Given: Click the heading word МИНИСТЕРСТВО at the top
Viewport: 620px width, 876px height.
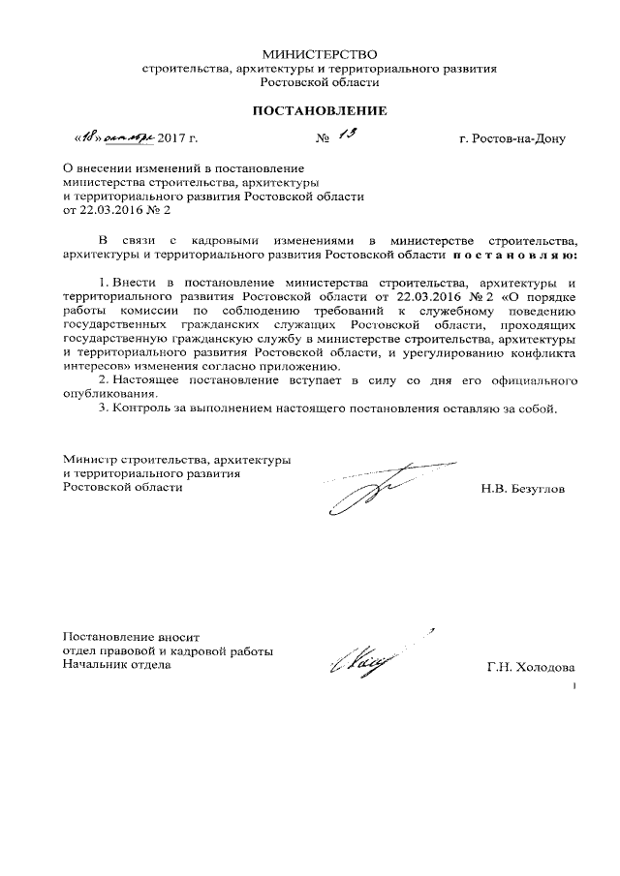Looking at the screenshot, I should [319, 53].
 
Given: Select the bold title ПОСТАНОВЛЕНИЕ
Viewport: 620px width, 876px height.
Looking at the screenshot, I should [319, 111].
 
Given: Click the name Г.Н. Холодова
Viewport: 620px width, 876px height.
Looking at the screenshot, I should [531, 667].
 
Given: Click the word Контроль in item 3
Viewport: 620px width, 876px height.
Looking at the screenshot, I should [142, 409].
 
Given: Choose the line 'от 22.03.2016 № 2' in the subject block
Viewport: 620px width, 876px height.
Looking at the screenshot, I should [117, 209].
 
